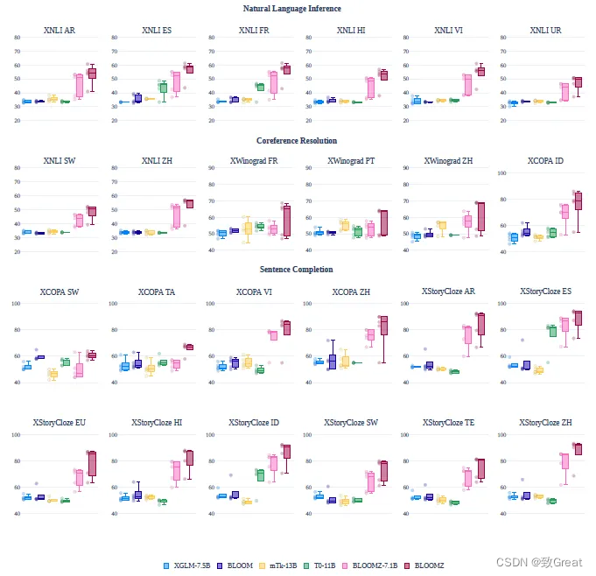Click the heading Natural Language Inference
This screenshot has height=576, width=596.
click(292, 9)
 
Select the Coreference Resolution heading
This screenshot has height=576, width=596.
click(297, 140)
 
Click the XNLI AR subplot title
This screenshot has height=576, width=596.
click(60, 31)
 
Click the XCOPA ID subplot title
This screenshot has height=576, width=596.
click(545, 161)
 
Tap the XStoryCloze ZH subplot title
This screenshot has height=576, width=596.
click(545, 423)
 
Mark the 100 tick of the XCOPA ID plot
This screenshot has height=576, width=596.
click(499, 172)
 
